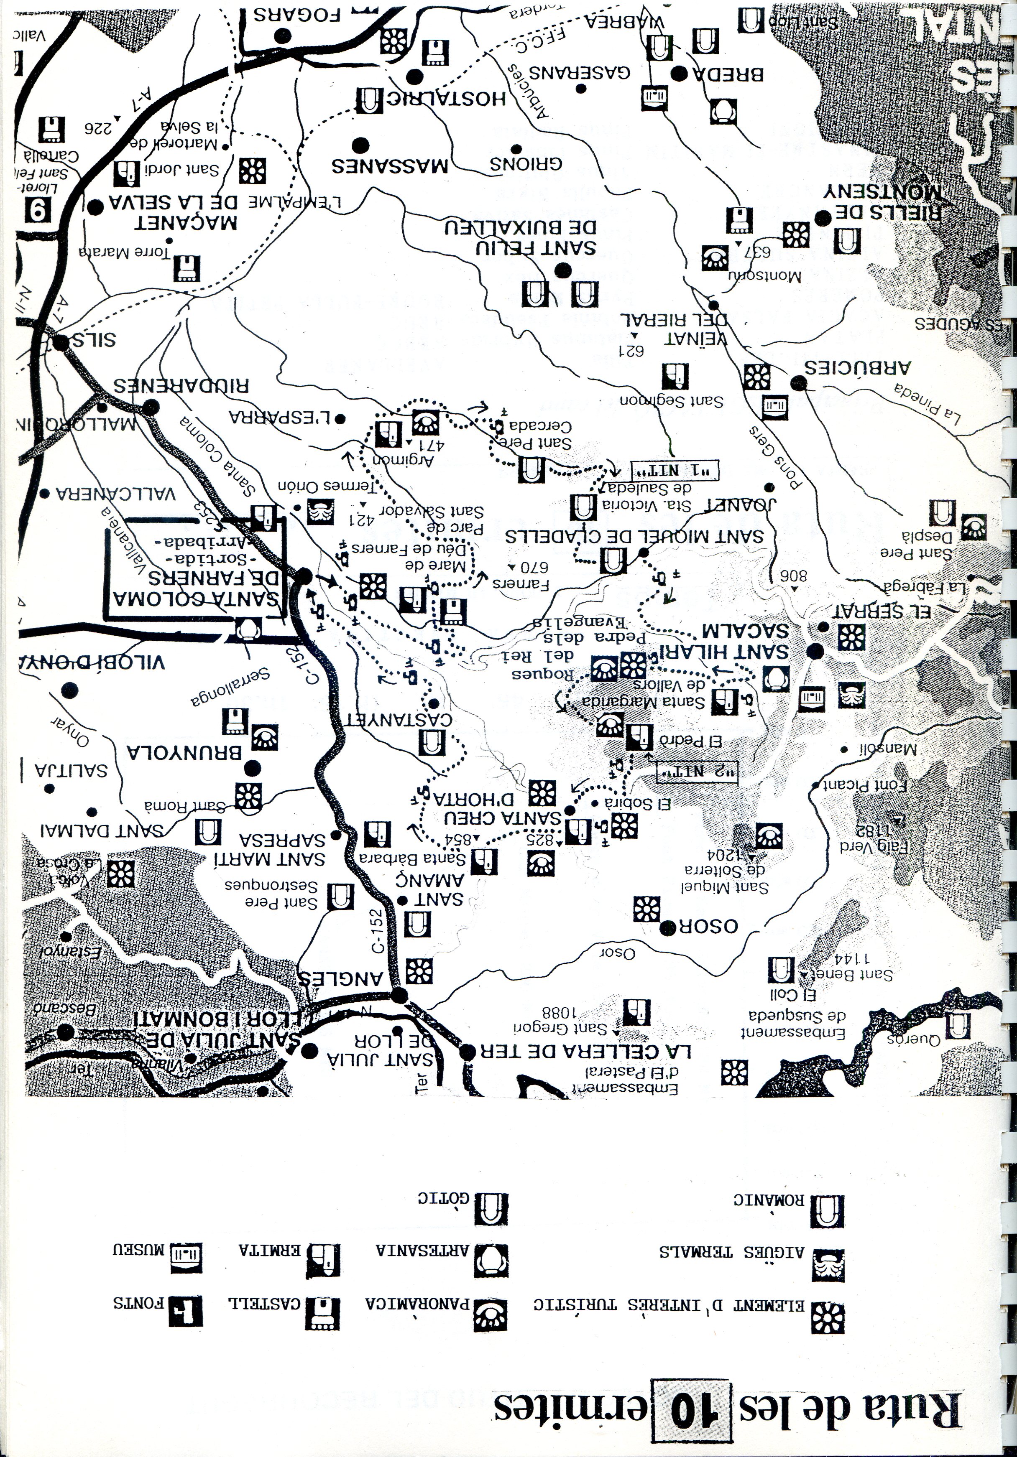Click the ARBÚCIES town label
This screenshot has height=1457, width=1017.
tap(858, 367)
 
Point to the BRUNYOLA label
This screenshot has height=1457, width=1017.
tap(185, 753)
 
